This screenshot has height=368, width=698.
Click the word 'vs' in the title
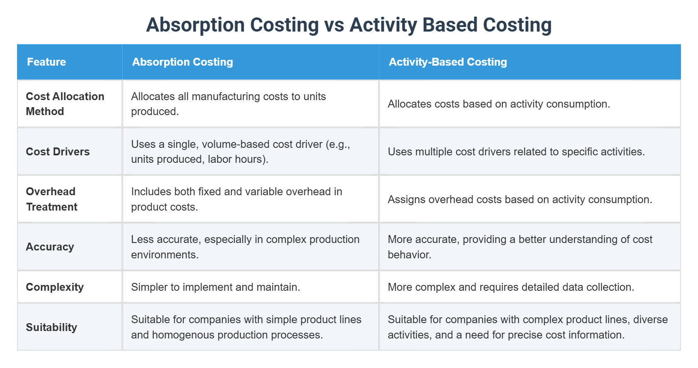334,25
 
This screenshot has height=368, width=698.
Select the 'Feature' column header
47,62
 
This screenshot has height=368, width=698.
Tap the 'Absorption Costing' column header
182,62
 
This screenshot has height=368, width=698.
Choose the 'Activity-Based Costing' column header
447,62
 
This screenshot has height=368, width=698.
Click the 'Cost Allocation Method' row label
65,104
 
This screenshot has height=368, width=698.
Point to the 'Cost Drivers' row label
58,152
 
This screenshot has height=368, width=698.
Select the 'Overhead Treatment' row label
52,199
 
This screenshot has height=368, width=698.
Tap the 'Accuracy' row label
50,247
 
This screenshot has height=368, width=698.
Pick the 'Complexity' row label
55,287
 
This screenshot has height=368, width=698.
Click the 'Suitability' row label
52,327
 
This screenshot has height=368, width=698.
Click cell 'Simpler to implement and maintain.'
215,287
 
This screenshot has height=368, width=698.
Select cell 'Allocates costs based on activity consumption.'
499,104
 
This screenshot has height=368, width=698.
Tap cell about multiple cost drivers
516,152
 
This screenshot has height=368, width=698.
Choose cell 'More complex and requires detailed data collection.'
511,287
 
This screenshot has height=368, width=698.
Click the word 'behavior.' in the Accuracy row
409,255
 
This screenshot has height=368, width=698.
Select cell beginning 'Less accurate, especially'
245,247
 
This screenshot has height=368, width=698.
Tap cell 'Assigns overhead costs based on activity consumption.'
520,199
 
